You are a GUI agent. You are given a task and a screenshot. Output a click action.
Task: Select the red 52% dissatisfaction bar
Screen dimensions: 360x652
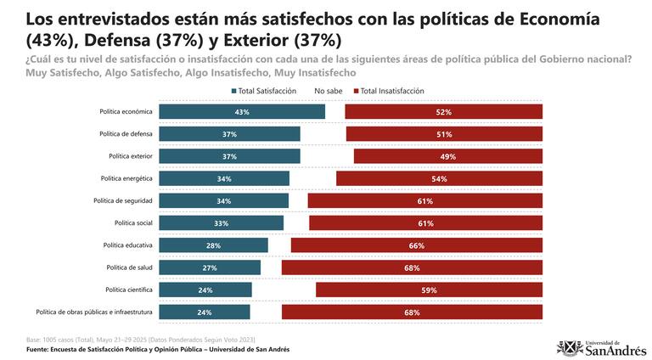pyautogui.click(x=444, y=112)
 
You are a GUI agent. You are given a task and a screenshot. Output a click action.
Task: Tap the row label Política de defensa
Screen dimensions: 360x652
pyautogui.click(x=126, y=134)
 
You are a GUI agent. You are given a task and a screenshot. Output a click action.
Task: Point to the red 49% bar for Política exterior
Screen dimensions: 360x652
pyautogui.click(x=448, y=156)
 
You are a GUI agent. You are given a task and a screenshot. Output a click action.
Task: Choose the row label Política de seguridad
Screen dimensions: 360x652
pyautogui.click(x=123, y=200)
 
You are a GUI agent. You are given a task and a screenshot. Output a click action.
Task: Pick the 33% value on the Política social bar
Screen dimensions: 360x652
pyautogui.click(x=220, y=223)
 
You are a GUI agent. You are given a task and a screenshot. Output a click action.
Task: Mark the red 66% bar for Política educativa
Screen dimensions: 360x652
pyautogui.click(x=416, y=245)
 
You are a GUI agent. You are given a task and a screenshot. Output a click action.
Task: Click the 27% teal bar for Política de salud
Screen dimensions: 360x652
pyautogui.click(x=209, y=267)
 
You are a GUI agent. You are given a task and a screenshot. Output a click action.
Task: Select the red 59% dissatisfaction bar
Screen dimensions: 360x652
pyautogui.click(x=429, y=290)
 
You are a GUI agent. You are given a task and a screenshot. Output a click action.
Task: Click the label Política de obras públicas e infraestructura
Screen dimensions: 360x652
pyautogui.click(x=94, y=312)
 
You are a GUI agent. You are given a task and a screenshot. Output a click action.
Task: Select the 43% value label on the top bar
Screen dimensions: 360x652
pyautogui.click(x=241, y=112)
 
